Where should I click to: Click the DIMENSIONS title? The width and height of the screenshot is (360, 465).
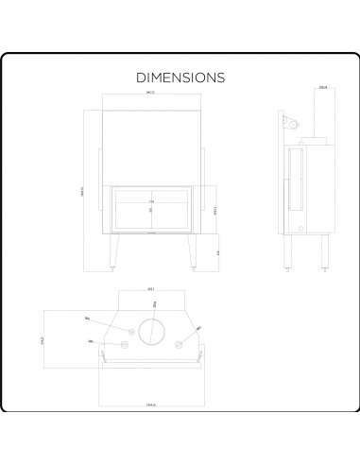pyautogui.click(x=180, y=76)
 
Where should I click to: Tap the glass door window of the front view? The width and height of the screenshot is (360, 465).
pyautogui.click(x=151, y=209)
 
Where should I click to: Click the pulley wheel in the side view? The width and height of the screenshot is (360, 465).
pyautogui.click(x=293, y=123)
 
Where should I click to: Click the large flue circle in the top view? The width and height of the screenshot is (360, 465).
pyautogui.click(x=151, y=331)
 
